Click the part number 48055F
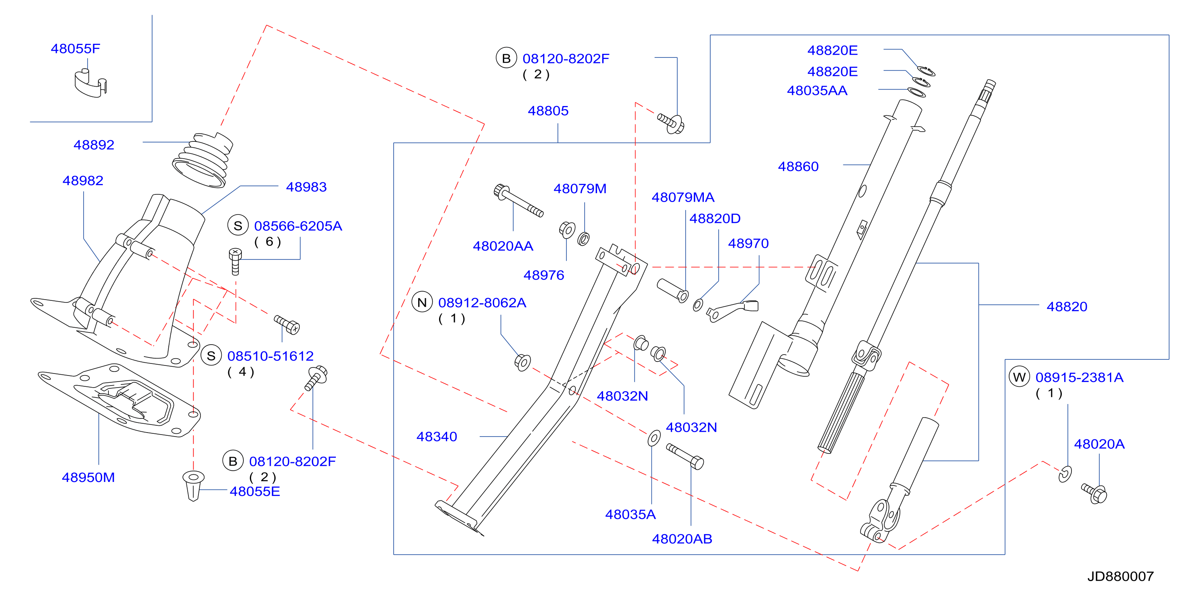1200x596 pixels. pyautogui.click(x=76, y=49)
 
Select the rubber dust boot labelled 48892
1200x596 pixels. pyautogui.click(x=202, y=160)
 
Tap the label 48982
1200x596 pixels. pyautogui.click(x=83, y=181)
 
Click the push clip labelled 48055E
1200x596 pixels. pyautogui.click(x=193, y=485)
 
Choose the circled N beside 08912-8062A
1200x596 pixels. pyautogui.click(x=422, y=303)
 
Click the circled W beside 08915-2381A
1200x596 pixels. pyautogui.click(x=1019, y=377)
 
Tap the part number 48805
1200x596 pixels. pyautogui.click(x=548, y=111)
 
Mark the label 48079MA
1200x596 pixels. pyautogui.click(x=683, y=198)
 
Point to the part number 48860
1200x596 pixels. pyautogui.click(x=798, y=167)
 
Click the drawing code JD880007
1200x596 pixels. pyautogui.click(x=1121, y=576)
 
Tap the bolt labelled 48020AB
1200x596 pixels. pyautogui.click(x=685, y=456)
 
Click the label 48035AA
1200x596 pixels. pyautogui.click(x=817, y=91)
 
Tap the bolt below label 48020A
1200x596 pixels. pyautogui.click(x=1094, y=493)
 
